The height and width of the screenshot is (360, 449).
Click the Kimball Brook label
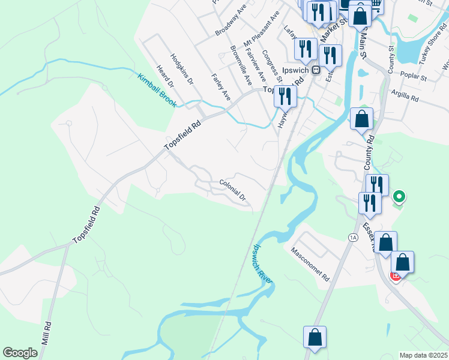pyautogui.click(x=157, y=91)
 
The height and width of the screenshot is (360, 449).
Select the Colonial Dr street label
pyautogui.click(x=233, y=190)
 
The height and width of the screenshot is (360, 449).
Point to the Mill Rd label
pyautogui.click(x=46, y=340)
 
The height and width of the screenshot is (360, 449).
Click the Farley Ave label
pyautogui.click(x=220, y=87)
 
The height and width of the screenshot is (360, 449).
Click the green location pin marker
pyautogui.click(x=398, y=196)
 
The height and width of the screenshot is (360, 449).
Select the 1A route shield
pyautogui.click(x=352, y=238)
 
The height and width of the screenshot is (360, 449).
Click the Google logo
pyautogui.click(x=20, y=353)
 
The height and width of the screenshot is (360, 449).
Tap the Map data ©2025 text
pyautogui.click(x=424, y=355)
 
